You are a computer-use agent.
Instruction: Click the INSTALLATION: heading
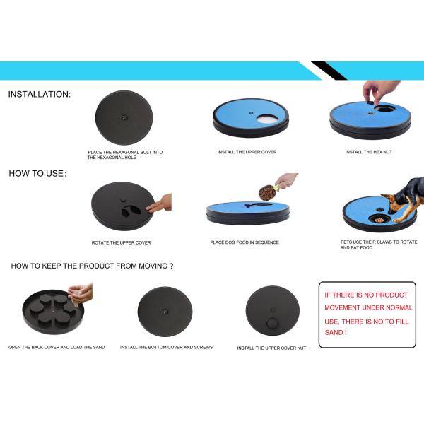click(39, 94)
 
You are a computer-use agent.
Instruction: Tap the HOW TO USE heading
click(37, 173)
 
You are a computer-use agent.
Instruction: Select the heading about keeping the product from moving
click(92, 266)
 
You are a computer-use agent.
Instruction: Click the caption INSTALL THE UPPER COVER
click(247, 152)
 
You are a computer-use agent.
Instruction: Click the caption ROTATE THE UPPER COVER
click(121, 242)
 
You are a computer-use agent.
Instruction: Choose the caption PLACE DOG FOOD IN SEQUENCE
click(245, 242)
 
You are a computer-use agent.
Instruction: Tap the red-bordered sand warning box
click(367, 314)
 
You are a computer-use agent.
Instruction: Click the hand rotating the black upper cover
click(161, 203)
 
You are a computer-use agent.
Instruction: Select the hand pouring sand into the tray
click(81, 291)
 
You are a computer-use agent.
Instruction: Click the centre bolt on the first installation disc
click(123, 117)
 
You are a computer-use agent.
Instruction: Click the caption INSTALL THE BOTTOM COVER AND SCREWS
click(166, 347)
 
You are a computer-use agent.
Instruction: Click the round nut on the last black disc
click(273, 323)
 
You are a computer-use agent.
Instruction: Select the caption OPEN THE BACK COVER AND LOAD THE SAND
click(57, 347)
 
